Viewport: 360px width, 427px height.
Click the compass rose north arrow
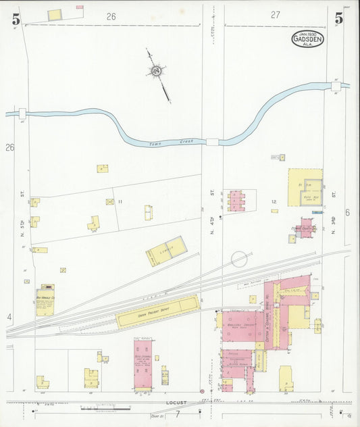(157, 70)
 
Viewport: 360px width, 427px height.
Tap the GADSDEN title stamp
(307, 39)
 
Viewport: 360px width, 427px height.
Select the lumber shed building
(165, 251)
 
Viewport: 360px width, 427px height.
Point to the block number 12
(274, 201)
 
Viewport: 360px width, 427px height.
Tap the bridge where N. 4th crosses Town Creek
(213, 142)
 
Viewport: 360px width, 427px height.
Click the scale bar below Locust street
(101, 408)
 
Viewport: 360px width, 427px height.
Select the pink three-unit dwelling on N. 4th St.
(236, 201)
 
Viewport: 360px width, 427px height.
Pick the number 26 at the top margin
(111, 16)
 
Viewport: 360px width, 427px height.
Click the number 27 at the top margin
(276, 14)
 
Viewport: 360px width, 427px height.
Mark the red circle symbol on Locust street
(202, 391)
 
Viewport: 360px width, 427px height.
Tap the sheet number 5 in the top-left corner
(15, 19)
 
